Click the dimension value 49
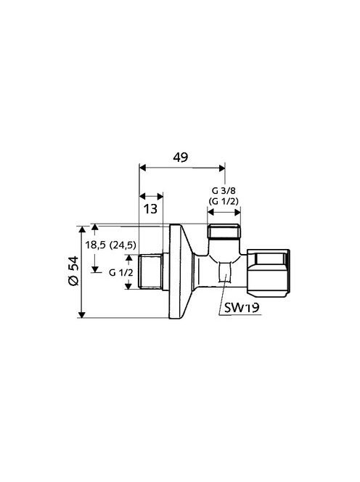pos(180,158)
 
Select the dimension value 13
pos(151,209)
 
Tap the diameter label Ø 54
pos(74,271)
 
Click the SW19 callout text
pos(242,307)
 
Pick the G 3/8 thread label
pos(224,191)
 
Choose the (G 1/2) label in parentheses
pos(224,201)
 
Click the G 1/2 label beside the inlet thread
pos(121,272)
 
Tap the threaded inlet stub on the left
pos(150,271)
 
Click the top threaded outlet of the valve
pos(224,232)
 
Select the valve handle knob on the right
pos(268,271)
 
